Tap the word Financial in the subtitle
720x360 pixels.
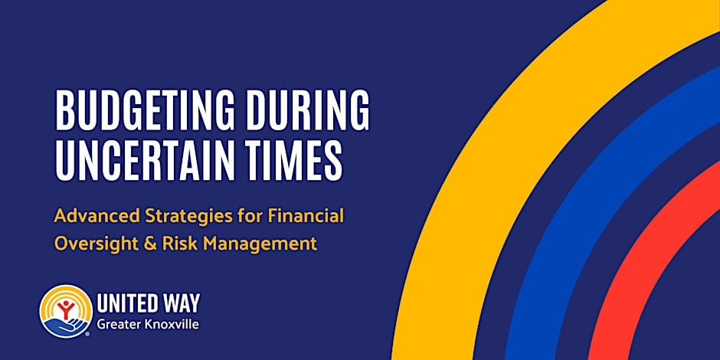[x=306, y=215]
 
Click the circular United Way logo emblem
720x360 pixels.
[x=65, y=311]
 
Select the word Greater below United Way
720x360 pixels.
[x=119, y=326]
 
